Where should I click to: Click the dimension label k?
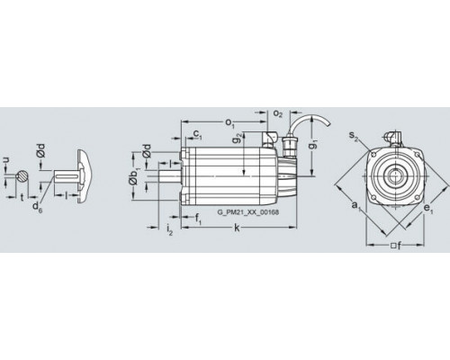click(x=237, y=229)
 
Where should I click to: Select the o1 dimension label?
click(x=229, y=122)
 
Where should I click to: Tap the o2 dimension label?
click(x=278, y=113)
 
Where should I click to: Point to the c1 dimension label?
click(x=197, y=134)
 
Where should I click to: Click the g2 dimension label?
click(x=238, y=139)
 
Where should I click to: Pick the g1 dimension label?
click(x=313, y=145)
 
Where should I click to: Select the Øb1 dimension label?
click(x=133, y=176)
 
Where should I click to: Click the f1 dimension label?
click(x=199, y=219)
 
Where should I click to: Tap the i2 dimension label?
click(x=169, y=229)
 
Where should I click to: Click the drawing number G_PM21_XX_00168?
click(x=247, y=212)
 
